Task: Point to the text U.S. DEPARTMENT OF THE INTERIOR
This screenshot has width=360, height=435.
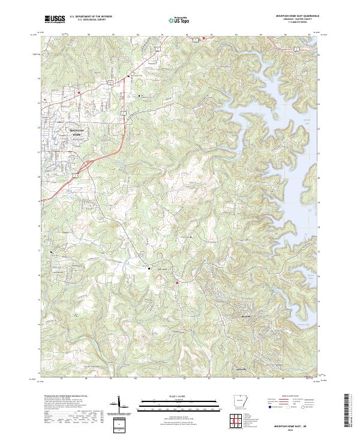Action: click(x=91, y=17)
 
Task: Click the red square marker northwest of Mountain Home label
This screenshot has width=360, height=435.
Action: click(x=79, y=92)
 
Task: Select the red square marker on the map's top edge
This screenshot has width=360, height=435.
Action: click(x=203, y=38)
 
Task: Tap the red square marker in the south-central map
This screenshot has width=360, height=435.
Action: click(x=178, y=283)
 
